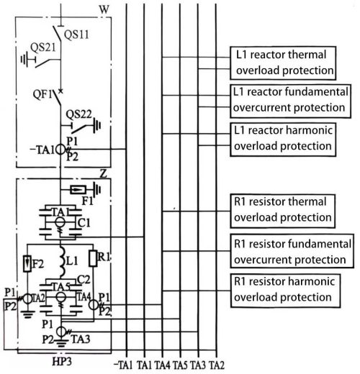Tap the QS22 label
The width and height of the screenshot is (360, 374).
78,114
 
